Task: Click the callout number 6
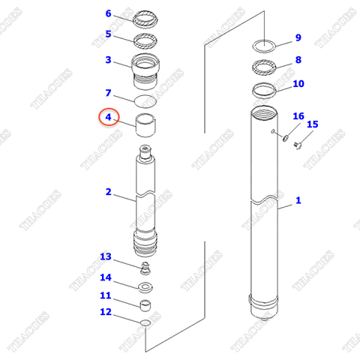point(108,14)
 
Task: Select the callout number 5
point(108,34)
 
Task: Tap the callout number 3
point(108,60)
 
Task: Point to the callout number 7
point(108,94)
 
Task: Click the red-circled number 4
point(108,118)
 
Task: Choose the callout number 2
point(108,192)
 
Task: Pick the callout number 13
point(106,258)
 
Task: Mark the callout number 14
point(106,277)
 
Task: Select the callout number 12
point(106,312)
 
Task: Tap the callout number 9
point(298,38)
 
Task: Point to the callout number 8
point(298,60)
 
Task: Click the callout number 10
point(298,83)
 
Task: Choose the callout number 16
point(298,116)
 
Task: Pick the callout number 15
point(313,124)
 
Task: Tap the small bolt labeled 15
point(296,144)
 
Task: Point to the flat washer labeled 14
point(145,287)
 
